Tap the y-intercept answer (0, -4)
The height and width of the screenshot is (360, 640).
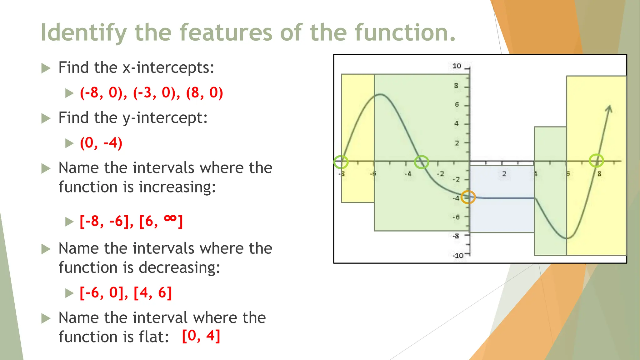101,143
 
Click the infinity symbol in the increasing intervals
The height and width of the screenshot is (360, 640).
170,218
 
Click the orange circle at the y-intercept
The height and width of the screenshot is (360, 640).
468,197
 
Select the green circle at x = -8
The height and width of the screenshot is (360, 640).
341,162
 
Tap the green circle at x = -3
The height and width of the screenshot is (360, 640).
422,162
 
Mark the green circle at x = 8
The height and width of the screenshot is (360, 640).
596,161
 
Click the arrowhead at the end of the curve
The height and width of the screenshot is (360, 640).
609,109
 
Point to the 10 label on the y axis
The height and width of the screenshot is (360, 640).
457,66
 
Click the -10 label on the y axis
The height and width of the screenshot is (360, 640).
458,256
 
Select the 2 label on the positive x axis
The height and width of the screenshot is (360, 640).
504,174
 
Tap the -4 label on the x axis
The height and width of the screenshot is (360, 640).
407,174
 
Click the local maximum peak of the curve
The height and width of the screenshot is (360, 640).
380,94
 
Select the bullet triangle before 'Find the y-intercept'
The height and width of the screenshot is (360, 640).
46,118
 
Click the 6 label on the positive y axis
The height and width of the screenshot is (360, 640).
457,105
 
